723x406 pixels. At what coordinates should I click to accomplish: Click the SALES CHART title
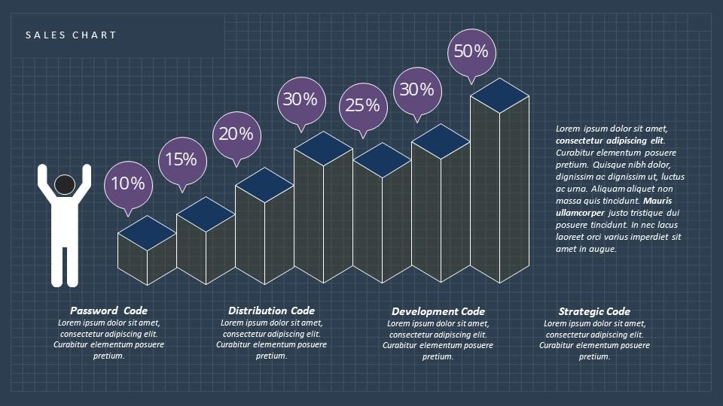click(x=71, y=35)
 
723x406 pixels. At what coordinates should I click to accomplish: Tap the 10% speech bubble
click(x=128, y=183)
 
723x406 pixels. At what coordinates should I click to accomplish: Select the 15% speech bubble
click(x=182, y=159)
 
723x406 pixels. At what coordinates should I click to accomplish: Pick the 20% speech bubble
click(x=236, y=135)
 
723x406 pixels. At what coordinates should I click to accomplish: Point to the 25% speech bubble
click(x=363, y=105)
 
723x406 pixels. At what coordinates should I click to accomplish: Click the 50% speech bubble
click(x=471, y=52)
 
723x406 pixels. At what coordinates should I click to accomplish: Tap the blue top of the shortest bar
click(x=147, y=232)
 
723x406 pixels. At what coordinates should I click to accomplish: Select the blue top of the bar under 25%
click(x=382, y=160)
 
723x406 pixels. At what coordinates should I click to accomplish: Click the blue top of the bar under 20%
click(x=264, y=185)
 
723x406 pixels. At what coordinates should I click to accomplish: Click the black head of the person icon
click(x=65, y=185)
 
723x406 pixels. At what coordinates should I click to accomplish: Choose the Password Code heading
click(x=108, y=311)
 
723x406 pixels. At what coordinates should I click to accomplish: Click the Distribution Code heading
click(x=271, y=311)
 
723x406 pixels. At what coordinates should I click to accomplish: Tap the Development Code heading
click(x=438, y=311)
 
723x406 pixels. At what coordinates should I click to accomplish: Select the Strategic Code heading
click(x=594, y=311)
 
